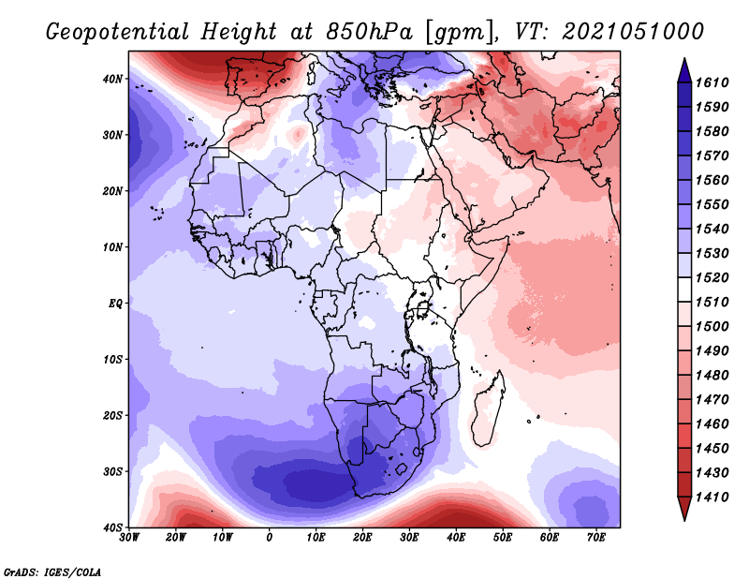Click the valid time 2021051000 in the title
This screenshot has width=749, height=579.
click(x=632, y=30)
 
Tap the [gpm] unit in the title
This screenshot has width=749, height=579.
click(x=457, y=30)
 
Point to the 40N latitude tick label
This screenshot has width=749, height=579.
click(x=113, y=79)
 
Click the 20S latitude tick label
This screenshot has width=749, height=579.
click(x=113, y=415)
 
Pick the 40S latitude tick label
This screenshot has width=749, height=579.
click(x=113, y=527)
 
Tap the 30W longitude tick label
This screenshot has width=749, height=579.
click(x=130, y=538)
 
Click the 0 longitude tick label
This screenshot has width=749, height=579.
click(x=270, y=538)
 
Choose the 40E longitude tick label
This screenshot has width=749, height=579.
click(x=456, y=538)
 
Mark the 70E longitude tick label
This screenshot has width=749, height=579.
click(x=596, y=538)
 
